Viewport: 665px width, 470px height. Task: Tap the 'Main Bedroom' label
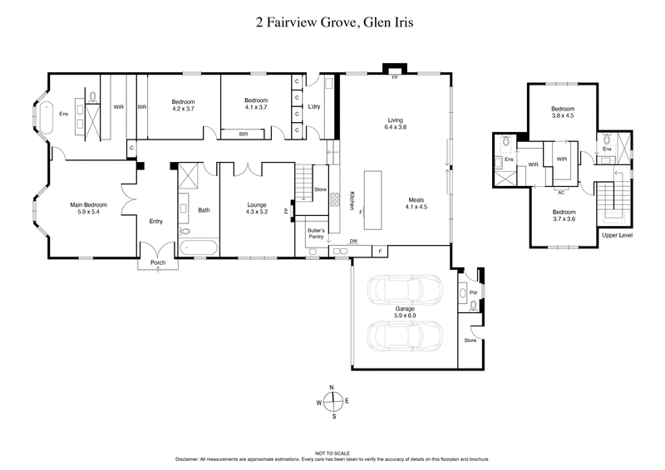point(83,203)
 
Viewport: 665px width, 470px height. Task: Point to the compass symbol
point(332,404)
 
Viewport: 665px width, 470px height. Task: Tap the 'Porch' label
point(158,263)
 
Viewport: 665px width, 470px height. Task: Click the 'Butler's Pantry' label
point(316,233)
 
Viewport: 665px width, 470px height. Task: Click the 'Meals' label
point(416,200)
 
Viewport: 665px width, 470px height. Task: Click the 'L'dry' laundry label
point(314,107)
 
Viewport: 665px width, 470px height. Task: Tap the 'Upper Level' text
point(617,235)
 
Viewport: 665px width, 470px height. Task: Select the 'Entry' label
point(155,221)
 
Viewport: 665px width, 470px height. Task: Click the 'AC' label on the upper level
point(562,190)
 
